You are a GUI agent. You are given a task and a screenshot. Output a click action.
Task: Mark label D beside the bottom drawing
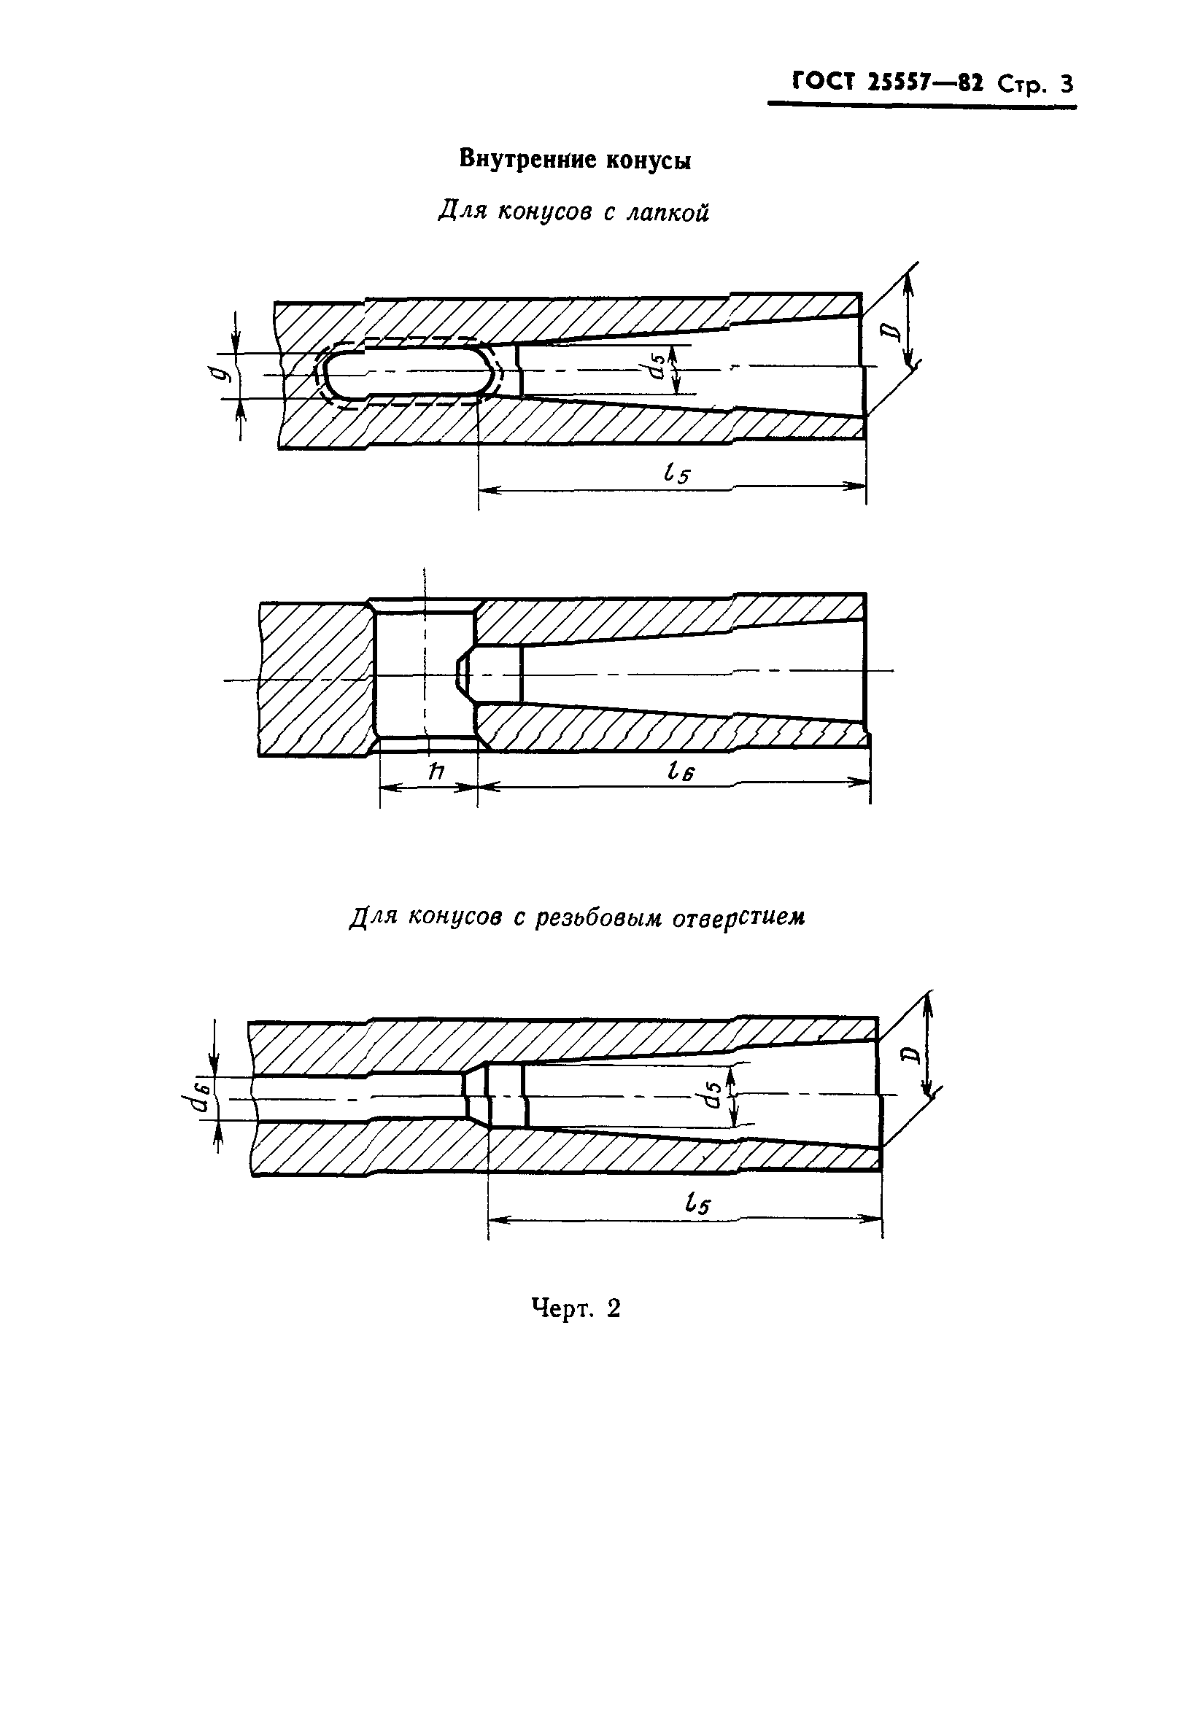(x=910, y=1055)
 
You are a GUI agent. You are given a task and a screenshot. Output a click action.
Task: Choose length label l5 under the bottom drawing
(x=697, y=1205)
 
